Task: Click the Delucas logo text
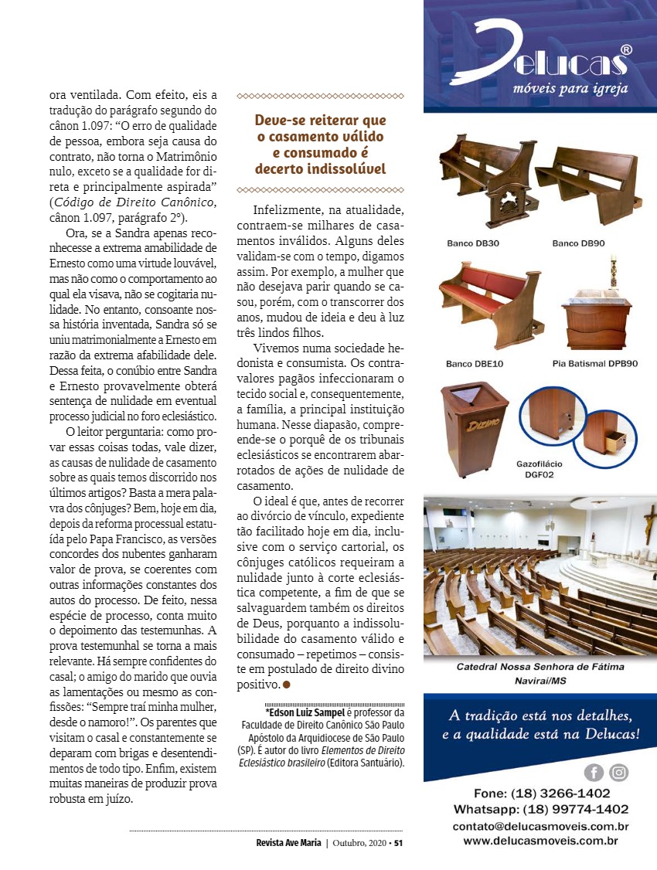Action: (541, 56)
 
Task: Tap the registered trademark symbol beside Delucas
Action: (627, 49)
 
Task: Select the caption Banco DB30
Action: (472, 243)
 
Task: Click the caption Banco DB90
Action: (578, 243)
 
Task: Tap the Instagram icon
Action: (618, 772)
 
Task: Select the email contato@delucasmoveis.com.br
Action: (540, 826)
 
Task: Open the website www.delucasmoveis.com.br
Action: (540, 841)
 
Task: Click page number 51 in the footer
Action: (398, 843)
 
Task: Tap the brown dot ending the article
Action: (286, 685)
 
